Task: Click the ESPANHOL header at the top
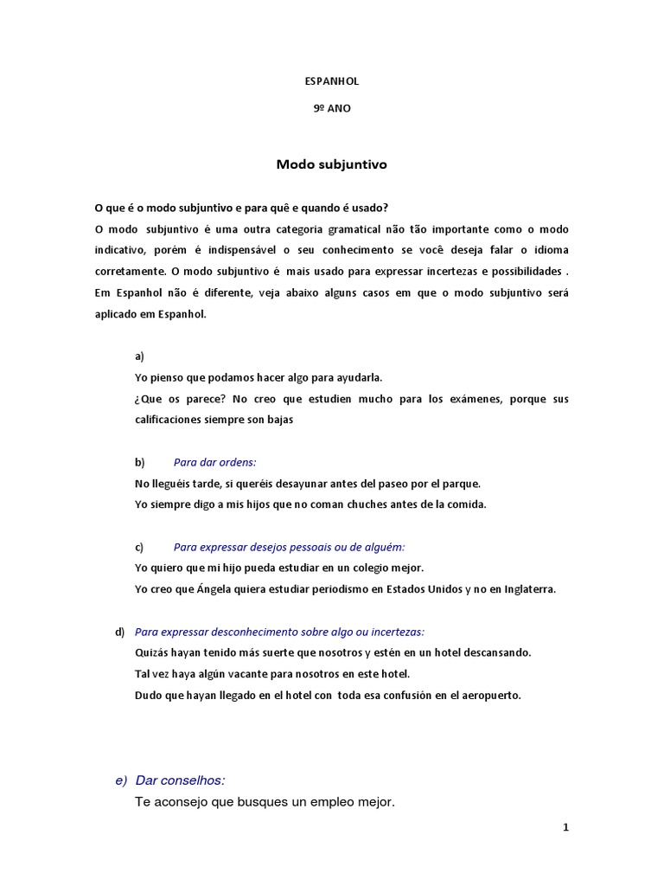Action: click(332, 81)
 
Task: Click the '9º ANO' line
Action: click(332, 110)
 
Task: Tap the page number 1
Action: click(565, 827)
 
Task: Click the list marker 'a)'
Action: click(140, 356)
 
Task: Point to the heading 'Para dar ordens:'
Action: click(214, 462)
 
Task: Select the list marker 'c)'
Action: click(139, 547)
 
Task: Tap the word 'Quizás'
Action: click(151, 652)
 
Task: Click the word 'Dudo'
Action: click(149, 695)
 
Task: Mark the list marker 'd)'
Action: click(120, 631)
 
